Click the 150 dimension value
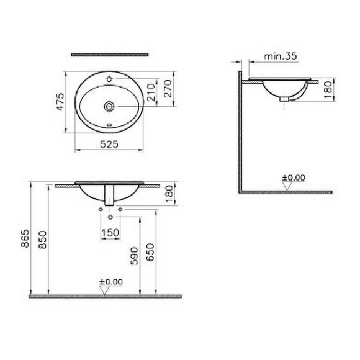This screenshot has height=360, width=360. (x=109, y=232)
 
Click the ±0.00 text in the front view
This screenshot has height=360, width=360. (x=111, y=281)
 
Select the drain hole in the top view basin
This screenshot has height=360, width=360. (x=110, y=106)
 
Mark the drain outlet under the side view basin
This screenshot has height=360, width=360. (x=285, y=98)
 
